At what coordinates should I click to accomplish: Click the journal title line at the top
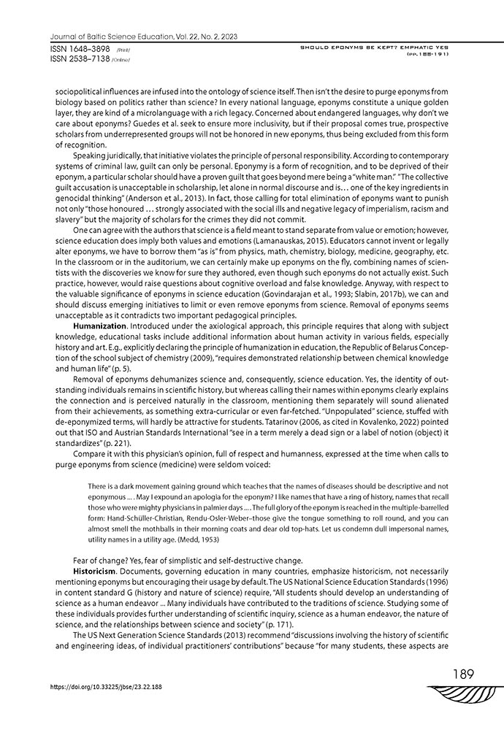143,36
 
